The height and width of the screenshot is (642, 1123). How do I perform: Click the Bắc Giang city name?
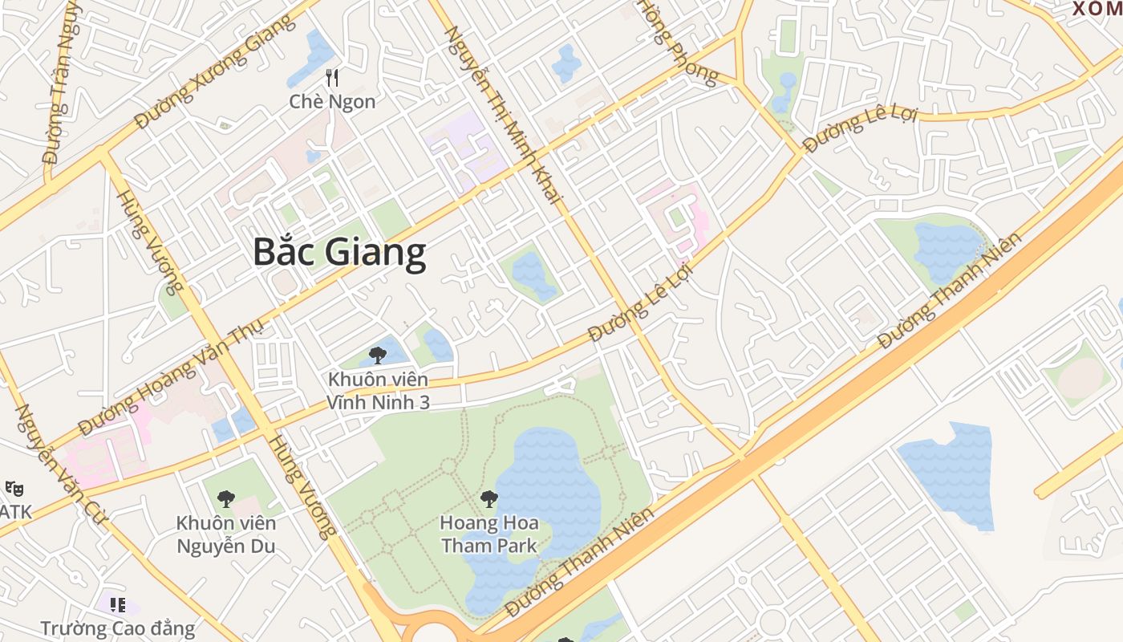(x=339, y=252)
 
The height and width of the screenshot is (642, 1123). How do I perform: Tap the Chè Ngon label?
(x=332, y=102)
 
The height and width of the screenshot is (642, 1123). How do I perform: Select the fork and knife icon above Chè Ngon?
(x=332, y=78)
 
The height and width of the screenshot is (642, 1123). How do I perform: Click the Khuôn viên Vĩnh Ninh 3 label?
(x=378, y=390)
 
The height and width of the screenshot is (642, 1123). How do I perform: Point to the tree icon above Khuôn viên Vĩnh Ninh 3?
(x=378, y=355)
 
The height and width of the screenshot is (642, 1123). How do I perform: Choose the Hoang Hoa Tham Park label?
(x=489, y=534)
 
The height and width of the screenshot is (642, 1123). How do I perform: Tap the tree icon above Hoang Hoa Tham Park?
(x=489, y=499)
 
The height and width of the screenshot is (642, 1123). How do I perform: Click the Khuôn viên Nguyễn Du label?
(x=226, y=534)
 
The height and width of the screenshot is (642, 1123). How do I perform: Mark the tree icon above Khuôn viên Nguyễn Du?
(x=226, y=498)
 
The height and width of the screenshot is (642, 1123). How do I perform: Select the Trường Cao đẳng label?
(x=118, y=628)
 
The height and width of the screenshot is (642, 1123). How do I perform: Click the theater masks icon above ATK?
(x=13, y=488)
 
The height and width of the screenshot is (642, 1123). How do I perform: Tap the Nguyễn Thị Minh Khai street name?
(x=505, y=112)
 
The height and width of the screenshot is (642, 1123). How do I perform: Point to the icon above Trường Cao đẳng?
(x=118, y=604)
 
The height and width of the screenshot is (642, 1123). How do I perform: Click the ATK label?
(x=15, y=511)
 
